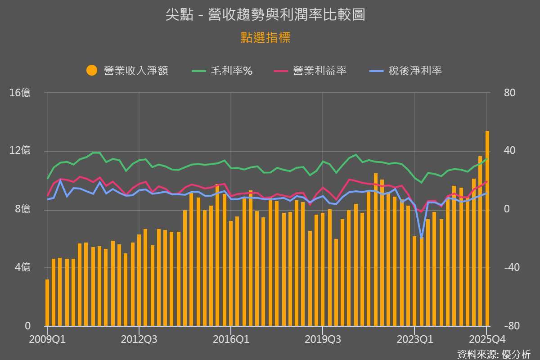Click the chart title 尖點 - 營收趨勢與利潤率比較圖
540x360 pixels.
[x=265, y=15]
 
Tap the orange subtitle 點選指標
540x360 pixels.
[x=265, y=38]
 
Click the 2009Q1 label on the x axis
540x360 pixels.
[x=47, y=339]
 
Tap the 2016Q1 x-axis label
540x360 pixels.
[x=230, y=339]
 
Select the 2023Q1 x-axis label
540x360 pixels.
[x=414, y=339]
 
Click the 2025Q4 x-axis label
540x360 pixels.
[x=487, y=339]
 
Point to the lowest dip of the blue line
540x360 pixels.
[x=421, y=237]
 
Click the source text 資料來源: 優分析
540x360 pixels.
[x=494, y=354]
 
